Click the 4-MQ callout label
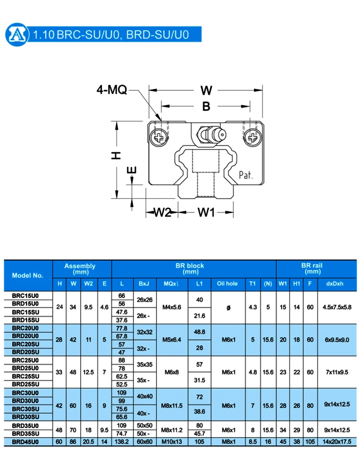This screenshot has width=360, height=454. tap(112, 90)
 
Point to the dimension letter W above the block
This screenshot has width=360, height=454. tap(206, 91)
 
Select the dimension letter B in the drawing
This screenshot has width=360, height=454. tap(206, 107)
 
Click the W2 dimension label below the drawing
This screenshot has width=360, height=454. tap(162, 212)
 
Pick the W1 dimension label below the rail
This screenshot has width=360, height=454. tap(206, 212)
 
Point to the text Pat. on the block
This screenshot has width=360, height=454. tap(246, 175)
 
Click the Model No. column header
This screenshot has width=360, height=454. tap(28, 275)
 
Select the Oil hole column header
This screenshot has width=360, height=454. tap(228, 283)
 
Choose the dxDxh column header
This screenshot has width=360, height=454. tap(337, 283)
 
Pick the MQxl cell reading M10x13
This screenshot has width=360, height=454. tap(172, 441)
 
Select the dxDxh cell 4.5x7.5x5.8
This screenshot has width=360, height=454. tap(337, 307)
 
